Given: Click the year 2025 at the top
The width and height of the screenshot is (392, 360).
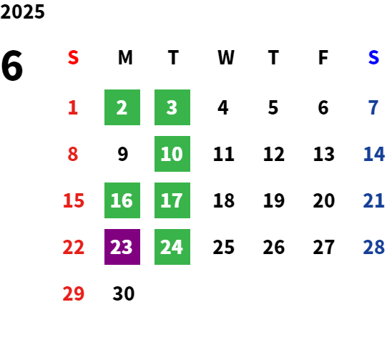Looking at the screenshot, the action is [22, 11].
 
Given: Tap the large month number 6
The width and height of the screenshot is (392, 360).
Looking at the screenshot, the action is [12, 65].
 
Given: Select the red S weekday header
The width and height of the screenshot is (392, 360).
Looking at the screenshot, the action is [73, 57].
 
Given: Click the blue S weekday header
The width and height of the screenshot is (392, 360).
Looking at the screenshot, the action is [373, 57].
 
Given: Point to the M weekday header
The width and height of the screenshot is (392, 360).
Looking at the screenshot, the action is [125, 57].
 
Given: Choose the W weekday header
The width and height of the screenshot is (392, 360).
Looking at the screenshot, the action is [226, 57].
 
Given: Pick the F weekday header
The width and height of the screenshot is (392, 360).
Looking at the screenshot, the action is [323, 57].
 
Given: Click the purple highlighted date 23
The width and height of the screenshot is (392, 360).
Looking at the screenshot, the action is [122, 247].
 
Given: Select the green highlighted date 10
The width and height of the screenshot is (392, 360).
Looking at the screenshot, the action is [172, 154].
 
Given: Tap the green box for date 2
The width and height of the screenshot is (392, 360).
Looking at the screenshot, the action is [122, 107].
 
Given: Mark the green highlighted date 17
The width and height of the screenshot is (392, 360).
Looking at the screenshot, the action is [172, 200].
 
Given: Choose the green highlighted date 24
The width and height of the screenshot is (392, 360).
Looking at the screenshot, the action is [172, 247].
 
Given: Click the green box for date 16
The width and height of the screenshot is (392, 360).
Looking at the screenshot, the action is [122, 200].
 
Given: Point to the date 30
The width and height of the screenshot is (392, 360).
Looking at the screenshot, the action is [124, 293].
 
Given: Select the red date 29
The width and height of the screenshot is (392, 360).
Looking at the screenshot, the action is [73, 293].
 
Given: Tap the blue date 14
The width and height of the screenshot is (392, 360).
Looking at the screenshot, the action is [374, 154].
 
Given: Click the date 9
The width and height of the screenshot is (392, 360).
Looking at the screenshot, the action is [123, 154].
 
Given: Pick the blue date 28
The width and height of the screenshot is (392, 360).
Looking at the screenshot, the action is [373, 247].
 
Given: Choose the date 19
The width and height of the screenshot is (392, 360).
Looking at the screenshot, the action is [274, 200].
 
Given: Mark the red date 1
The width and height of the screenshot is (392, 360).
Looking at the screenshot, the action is [73, 107].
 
